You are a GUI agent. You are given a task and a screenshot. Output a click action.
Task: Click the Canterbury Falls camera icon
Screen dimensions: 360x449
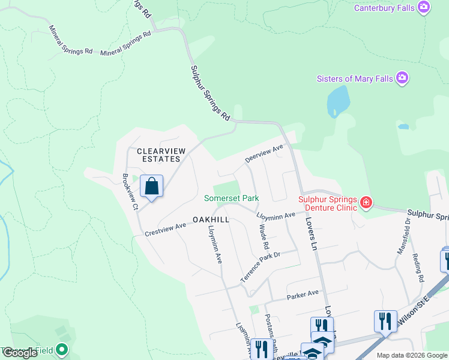coord(424,7)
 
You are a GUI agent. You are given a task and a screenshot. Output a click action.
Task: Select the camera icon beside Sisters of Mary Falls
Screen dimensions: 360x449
coord(402,78)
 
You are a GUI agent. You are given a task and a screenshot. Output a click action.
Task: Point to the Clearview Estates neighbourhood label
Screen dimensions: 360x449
coord(158,155)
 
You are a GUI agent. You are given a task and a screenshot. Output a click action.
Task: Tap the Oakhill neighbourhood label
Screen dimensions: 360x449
coord(211,220)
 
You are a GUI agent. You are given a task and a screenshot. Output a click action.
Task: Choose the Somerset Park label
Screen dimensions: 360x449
coord(231,198)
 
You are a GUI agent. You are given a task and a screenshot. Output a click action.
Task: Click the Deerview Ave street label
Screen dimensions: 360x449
coord(264,154)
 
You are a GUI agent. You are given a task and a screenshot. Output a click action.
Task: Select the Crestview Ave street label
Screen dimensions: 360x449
coord(166,229)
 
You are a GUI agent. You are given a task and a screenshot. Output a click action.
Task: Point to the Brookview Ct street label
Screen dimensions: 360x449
coord(130,191)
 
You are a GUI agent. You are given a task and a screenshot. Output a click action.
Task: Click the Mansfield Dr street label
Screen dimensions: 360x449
coord(403,236)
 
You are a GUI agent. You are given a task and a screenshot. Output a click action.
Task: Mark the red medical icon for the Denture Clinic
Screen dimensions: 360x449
coord(366,203)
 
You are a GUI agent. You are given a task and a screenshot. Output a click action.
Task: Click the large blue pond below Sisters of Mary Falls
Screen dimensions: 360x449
coord(338,101)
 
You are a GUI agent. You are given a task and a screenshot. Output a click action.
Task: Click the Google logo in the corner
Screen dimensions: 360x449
coord(20,353)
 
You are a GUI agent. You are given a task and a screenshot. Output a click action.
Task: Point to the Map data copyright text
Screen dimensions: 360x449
coord(412,355)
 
